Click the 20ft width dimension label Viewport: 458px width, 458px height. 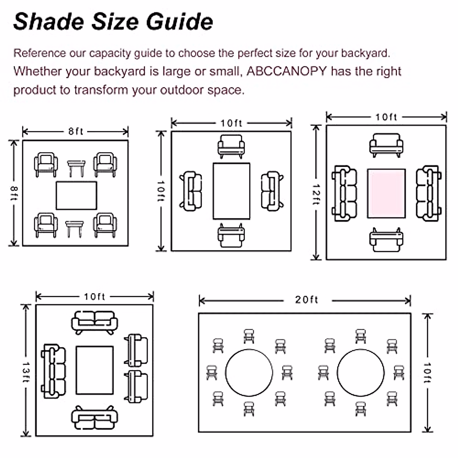click(x=306, y=300)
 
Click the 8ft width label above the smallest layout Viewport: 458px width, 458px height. click(x=76, y=131)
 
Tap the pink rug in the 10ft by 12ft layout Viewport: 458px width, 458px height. click(x=386, y=194)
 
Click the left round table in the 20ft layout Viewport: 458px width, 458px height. click(x=249, y=373)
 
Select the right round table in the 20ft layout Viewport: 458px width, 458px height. click(x=361, y=373)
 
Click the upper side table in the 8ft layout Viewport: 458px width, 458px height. click(x=76, y=168)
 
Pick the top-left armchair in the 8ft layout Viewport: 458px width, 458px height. click(x=46, y=164)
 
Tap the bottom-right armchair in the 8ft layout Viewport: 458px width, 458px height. click(x=105, y=225)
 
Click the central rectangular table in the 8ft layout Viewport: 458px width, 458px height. click(x=76, y=195)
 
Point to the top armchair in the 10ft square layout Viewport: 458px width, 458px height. click(x=231, y=146)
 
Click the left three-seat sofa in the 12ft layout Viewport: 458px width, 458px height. click(x=345, y=193)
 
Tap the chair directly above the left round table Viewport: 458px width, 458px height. click(x=249, y=336)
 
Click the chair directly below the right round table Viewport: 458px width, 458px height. click(x=361, y=408)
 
